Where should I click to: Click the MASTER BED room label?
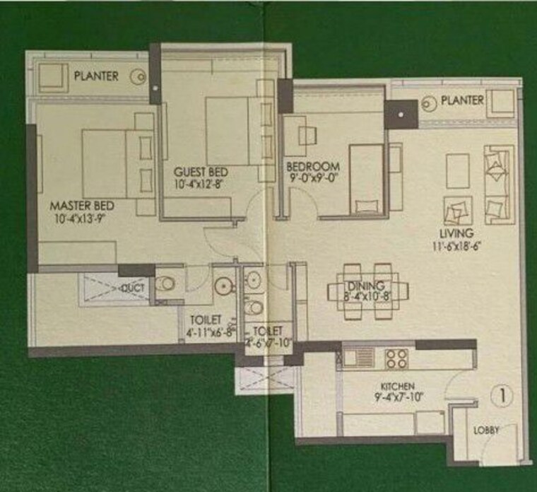[x=82, y=206]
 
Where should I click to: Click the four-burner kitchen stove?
[x=396, y=358]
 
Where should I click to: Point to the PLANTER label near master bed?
[x=96, y=75]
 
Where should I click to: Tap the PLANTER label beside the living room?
[x=462, y=100]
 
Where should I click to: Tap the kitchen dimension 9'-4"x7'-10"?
[x=399, y=397]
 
